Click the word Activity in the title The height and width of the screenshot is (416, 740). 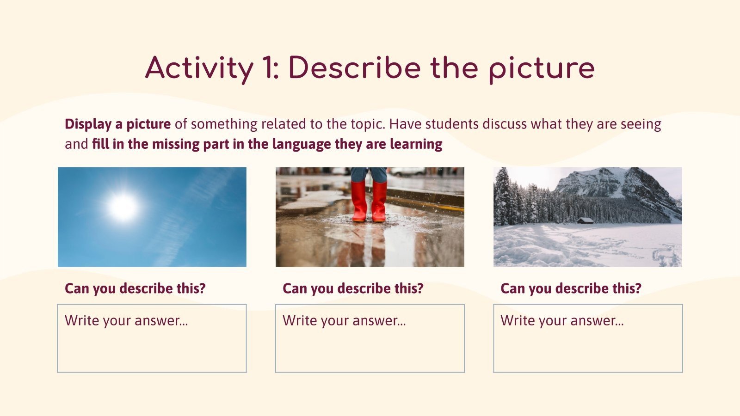pos(199,68)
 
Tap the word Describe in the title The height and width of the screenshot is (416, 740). pos(354,68)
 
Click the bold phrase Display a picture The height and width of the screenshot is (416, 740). pos(117,124)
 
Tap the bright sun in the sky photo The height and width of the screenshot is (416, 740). pos(123,207)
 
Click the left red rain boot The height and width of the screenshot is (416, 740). pos(359,202)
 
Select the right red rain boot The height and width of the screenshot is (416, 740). pos(379,202)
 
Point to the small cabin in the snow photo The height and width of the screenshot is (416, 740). pos(585,220)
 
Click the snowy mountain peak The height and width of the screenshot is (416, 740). pos(597,178)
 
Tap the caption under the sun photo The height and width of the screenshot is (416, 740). pos(135,288)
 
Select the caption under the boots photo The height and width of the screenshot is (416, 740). pos(353,288)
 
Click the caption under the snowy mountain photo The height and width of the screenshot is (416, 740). pos(571,288)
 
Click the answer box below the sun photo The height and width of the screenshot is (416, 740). pos(152,338)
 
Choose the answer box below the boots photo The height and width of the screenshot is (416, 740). pos(370,338)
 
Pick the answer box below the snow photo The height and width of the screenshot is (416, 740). pos(588,338)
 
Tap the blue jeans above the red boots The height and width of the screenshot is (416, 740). pos(369,174)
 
